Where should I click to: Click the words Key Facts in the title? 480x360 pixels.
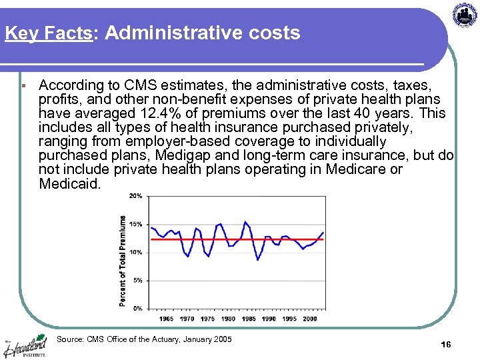tap(47, 33)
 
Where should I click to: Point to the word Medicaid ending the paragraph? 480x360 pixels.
tap(68, 183)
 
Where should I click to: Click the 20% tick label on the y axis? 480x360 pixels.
tap(135, 197)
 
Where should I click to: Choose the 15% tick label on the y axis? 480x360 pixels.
tap(135, 225)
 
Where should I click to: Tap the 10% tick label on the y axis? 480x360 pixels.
tap(135, 253)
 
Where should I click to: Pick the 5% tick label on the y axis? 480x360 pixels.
tap(137, 281)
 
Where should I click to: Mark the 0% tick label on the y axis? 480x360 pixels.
tap(137, 309)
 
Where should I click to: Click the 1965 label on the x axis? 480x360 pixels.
tap(166, 319)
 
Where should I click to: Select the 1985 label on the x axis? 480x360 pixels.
tap(249, 319)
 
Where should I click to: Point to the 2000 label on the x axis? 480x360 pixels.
tap(309, 319)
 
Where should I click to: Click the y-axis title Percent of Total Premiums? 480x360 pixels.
tap(123, 261)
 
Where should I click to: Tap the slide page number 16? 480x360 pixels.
tap(446, 344)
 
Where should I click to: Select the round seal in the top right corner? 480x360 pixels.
tap(465, 15)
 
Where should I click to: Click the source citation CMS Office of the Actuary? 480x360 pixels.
tap(144, 340)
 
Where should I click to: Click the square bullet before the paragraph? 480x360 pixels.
tap(23, 86)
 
